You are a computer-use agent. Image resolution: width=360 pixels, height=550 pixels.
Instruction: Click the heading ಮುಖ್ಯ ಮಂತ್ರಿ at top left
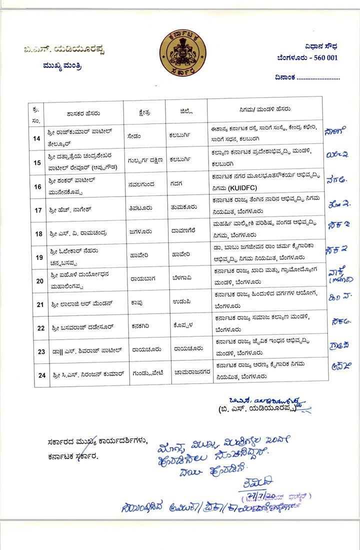point(64,65)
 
